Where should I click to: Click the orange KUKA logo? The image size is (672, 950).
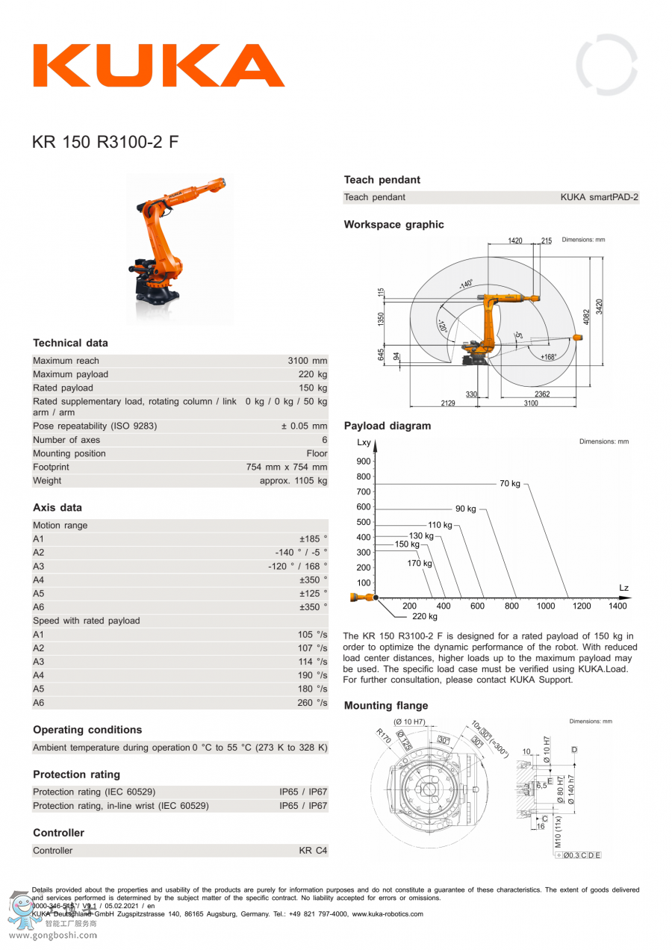click(158, 66)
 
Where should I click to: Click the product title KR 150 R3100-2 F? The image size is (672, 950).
click(105, 142)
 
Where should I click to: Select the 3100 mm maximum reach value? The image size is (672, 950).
click(308, 361)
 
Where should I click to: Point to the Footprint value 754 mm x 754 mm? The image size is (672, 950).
click(287, 467)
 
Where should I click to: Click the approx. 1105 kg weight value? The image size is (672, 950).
click(293, 480)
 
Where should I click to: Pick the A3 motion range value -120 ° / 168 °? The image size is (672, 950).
click(298, 566)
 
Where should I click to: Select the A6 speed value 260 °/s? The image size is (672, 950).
click(312, 703)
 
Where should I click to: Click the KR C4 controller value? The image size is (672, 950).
click(313, 851)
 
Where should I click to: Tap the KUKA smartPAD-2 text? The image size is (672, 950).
click(600, 197)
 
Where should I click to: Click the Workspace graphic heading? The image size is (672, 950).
click(393, 225)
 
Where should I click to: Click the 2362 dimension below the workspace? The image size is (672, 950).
click(543, 394)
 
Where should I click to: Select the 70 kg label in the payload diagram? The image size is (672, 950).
click(510, 484)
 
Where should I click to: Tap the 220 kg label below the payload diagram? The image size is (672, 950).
click(425, 616)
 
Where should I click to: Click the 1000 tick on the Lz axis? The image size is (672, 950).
click(546, 606)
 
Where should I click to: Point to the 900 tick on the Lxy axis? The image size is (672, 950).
click(363, 462)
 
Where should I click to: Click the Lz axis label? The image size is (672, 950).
click(623, 589)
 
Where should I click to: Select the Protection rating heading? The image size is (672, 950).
click(76, 774)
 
